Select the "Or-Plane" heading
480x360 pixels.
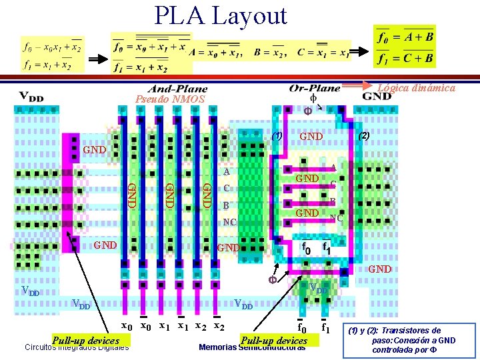click(315, 88)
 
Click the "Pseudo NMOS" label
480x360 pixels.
click(170, 99)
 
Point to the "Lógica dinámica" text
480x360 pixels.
click(416, 87)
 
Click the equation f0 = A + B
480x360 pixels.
click(405, 37)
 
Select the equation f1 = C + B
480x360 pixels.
click(405, 58)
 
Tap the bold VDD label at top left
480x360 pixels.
click(31, 96)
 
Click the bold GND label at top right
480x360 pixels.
click(377, 96)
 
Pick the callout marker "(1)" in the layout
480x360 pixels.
click(277, 136)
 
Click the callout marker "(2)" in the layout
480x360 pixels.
click(363, 135)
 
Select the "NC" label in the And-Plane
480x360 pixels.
click(229, 221)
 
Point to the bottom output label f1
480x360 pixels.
click(326, 327)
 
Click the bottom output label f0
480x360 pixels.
click(301, 327)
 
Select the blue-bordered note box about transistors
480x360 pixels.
click(409, 340)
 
